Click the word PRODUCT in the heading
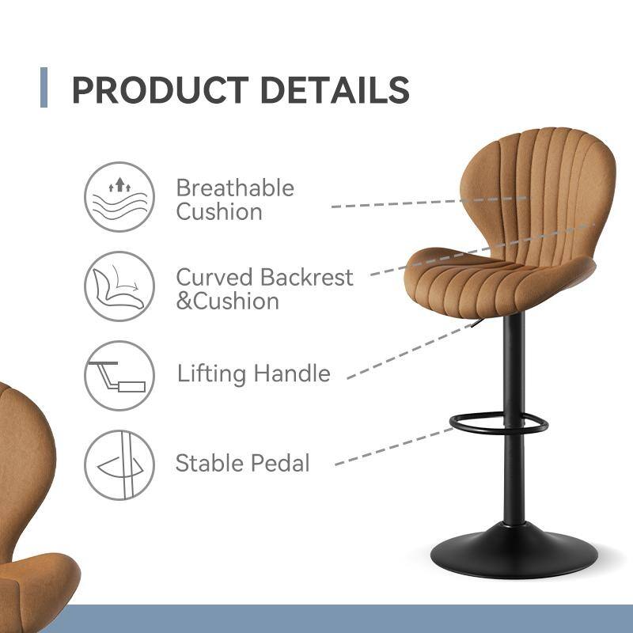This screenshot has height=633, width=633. (161, 90)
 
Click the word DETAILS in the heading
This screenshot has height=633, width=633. (335, 90)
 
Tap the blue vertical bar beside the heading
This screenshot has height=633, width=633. (44, 88)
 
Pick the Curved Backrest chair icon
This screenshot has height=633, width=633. (119, 286)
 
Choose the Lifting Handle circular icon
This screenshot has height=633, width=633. (119, 375)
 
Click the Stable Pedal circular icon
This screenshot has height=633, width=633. (119, 464)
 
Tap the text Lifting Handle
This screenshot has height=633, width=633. (253, 373)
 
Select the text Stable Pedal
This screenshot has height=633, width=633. (242, 463)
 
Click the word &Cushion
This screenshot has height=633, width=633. (227, 301)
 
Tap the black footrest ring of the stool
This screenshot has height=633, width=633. (498, 425)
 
